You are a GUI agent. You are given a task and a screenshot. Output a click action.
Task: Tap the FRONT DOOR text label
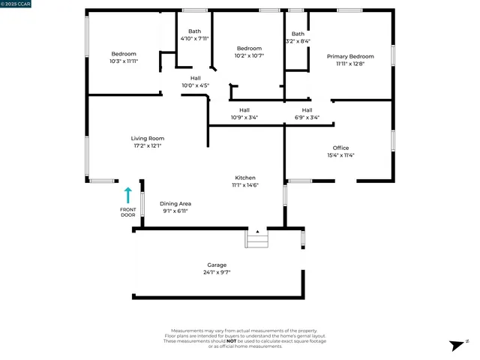point(127,212)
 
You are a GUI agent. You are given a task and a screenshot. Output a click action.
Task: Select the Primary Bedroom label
point(350,56)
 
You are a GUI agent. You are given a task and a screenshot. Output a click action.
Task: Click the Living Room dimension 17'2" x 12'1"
point(147,145)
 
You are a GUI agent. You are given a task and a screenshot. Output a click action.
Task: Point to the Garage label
point(217,265)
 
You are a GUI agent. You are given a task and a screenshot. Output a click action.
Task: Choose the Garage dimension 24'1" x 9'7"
point(217,272)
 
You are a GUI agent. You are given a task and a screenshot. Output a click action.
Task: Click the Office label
point(340,148)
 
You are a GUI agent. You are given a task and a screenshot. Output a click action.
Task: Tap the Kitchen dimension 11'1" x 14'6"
point(245,184)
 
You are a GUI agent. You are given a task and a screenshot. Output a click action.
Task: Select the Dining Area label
point(175,203)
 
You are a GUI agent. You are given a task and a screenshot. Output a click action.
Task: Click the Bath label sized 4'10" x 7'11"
point(195,31)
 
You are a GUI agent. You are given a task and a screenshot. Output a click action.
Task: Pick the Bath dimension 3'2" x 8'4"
point(298,41)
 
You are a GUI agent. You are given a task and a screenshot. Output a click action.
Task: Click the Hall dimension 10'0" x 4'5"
point(196,85)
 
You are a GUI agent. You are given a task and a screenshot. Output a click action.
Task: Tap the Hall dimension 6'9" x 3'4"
point(307,117)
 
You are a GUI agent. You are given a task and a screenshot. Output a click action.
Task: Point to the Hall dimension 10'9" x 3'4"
point(244,117)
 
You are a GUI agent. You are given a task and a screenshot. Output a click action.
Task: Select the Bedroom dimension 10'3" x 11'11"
point(124,61)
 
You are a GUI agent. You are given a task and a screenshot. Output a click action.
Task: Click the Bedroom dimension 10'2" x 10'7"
point(249,55)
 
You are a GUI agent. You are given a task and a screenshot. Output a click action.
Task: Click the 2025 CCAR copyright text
point(16,4)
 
